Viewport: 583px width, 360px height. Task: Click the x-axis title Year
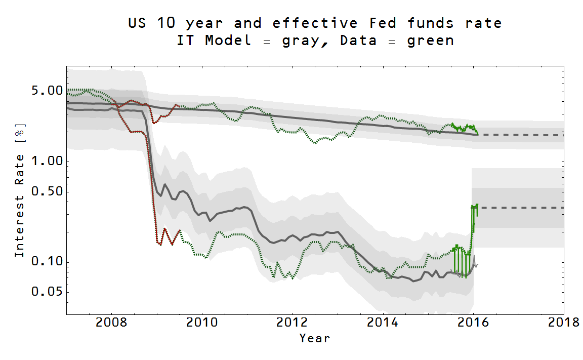click(314, 338)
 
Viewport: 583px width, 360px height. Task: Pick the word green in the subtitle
click(430, 41)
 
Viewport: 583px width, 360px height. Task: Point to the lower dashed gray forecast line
click(521, 208)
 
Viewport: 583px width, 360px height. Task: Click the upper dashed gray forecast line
click(521, 135)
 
